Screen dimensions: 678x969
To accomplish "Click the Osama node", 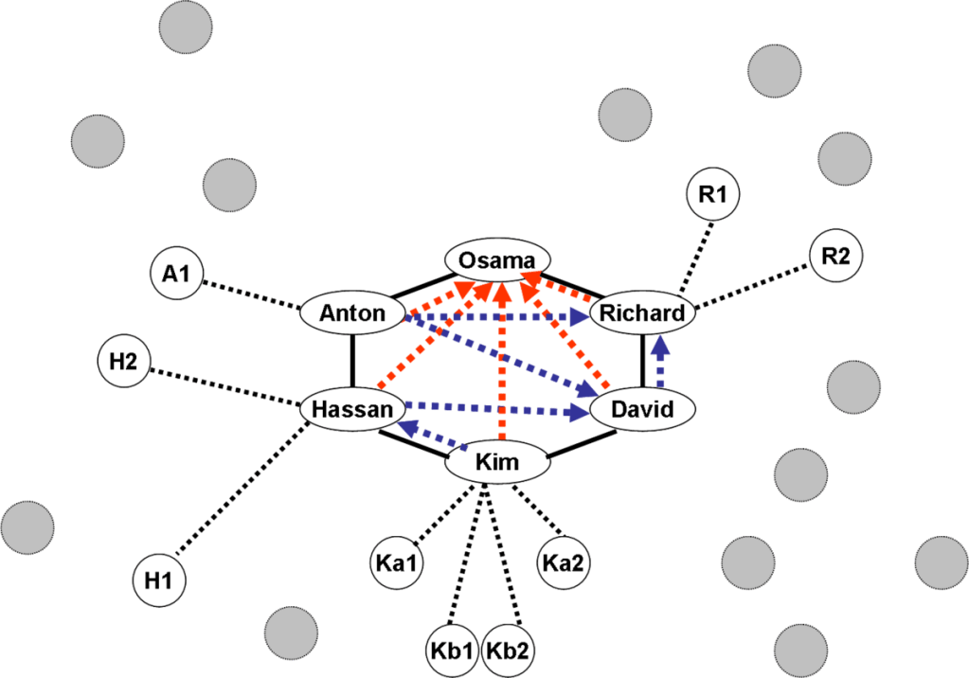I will [497, 259].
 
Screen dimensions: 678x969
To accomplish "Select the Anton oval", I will [352, 312].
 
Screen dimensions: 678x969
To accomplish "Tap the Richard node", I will [642, 312].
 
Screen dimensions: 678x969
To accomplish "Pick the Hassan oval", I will [351, 410].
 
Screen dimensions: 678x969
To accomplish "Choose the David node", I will [643, 410].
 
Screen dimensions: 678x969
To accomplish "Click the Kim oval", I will [497, 463].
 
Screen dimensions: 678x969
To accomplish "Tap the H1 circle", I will [159, 578].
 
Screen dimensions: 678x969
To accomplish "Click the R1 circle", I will [711, 196].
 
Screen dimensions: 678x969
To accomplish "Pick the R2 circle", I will [836, 255].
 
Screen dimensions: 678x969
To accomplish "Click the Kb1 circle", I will [454, 651].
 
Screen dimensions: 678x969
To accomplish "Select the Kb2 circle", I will [510, 651].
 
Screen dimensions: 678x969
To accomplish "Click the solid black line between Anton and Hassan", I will [352, 361].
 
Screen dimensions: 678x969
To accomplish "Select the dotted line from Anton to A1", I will [251, 293].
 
